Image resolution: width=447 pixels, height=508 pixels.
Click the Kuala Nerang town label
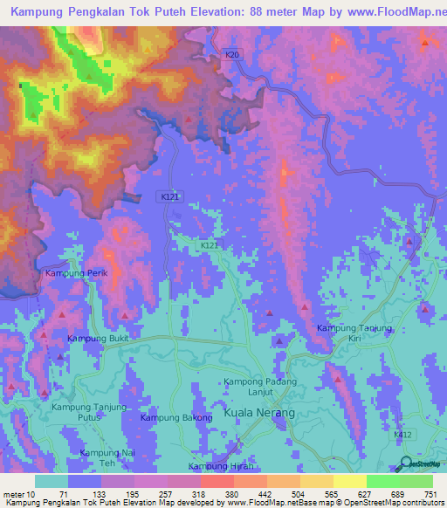coord(259,412)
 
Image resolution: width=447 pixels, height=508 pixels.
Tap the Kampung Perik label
coord(76,273)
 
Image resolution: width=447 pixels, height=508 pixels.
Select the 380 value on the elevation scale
coord(231,494)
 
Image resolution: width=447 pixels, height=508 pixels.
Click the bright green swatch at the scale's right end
coord(416,481)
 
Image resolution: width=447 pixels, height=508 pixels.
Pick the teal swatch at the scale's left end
coord(51,481)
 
